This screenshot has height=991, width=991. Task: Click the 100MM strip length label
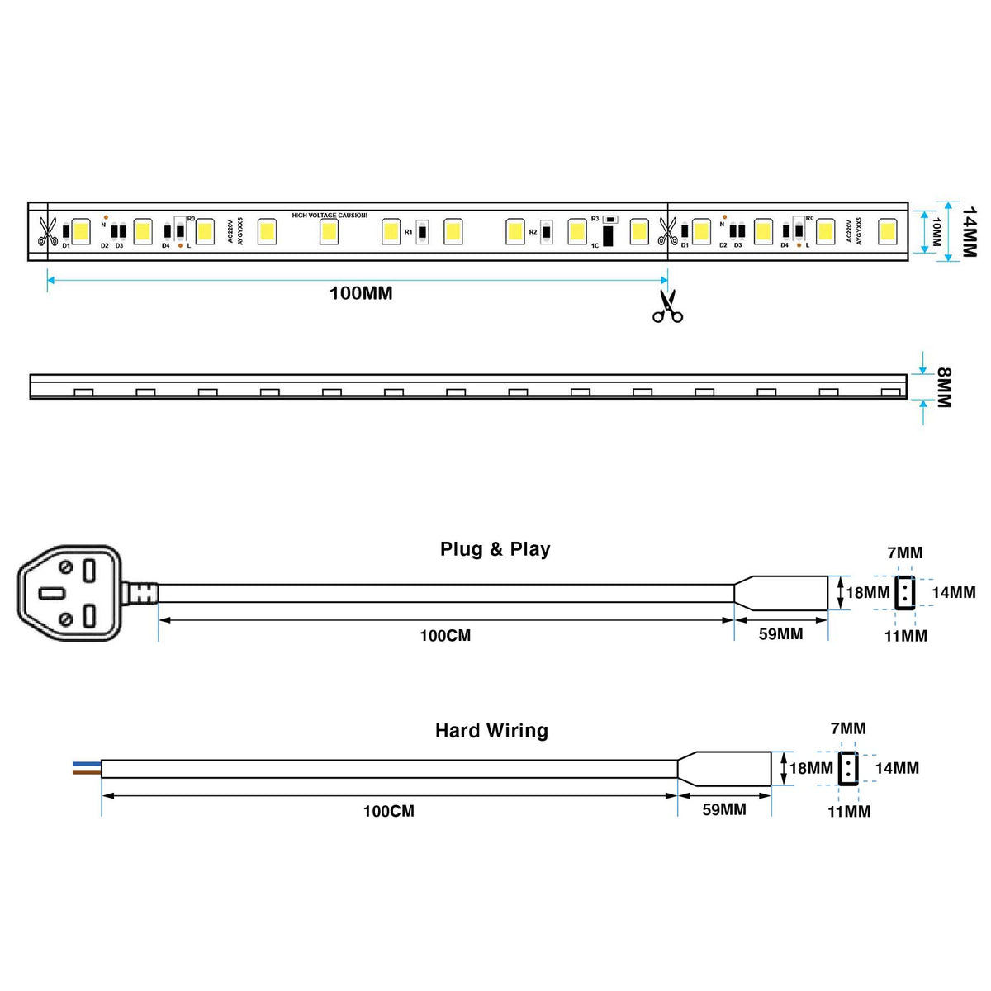click(361, 293)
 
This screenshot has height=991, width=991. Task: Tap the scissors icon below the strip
click(667, 306)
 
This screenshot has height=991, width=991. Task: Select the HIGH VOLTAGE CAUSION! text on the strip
click(330, 216)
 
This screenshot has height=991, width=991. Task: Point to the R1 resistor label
click(408, 232)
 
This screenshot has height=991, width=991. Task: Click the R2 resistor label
click(533, 232)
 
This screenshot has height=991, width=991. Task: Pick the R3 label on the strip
click(595, 219)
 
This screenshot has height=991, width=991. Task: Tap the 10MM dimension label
click(936, 232)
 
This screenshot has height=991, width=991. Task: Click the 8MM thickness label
click(945, 387)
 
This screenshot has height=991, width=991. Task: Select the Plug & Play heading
click(495, 549)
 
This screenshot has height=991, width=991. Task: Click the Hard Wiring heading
click(491, 731)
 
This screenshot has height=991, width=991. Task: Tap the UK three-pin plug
click(70, 593)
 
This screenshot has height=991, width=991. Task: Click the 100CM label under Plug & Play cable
click(445, 636)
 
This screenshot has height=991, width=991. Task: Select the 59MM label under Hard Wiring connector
click(724, 810)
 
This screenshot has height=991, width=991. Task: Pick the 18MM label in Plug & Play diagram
click(868, 593)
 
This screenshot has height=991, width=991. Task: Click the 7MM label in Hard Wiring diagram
click(848, 728)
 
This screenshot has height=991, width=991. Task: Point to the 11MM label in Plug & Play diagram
click(906, 636)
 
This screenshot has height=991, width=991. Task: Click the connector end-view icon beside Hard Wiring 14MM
click(849, 768)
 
